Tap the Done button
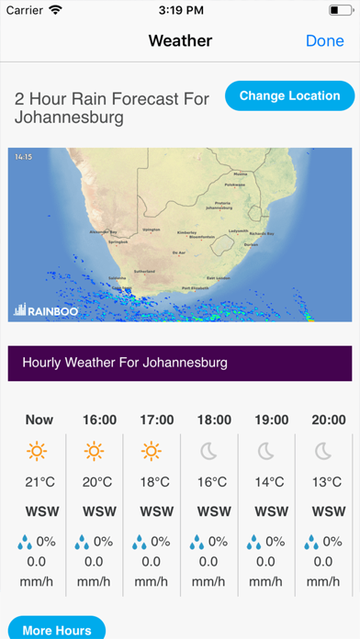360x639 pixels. [x=324, y=41]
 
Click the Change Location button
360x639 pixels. [x=289, y=95]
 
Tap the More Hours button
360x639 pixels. [x=57, y=630]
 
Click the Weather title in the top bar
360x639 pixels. [x=180, y=41]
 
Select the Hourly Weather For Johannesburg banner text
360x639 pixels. [x=124, y=363]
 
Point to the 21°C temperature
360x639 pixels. [x=39, y=482]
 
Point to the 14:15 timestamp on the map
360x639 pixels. [x=23, y=157]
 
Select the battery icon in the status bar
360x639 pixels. [x=337, y=11]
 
